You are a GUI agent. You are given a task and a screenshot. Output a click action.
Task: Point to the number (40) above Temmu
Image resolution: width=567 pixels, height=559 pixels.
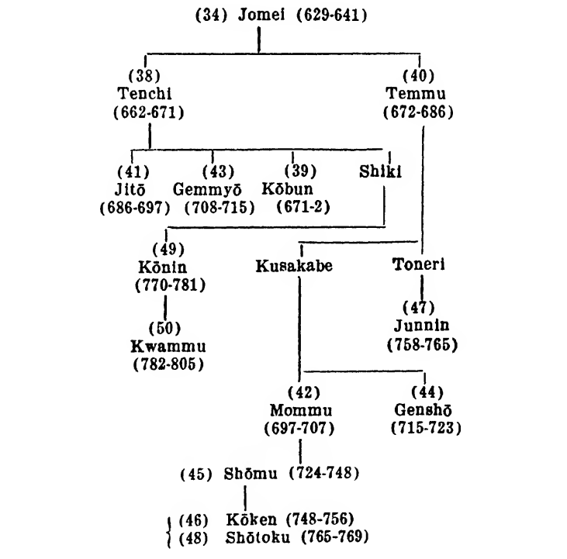418,77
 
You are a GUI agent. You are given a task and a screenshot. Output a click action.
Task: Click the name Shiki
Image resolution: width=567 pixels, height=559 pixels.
380,172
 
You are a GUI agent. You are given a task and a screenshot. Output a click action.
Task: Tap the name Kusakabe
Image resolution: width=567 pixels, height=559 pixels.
294,267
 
